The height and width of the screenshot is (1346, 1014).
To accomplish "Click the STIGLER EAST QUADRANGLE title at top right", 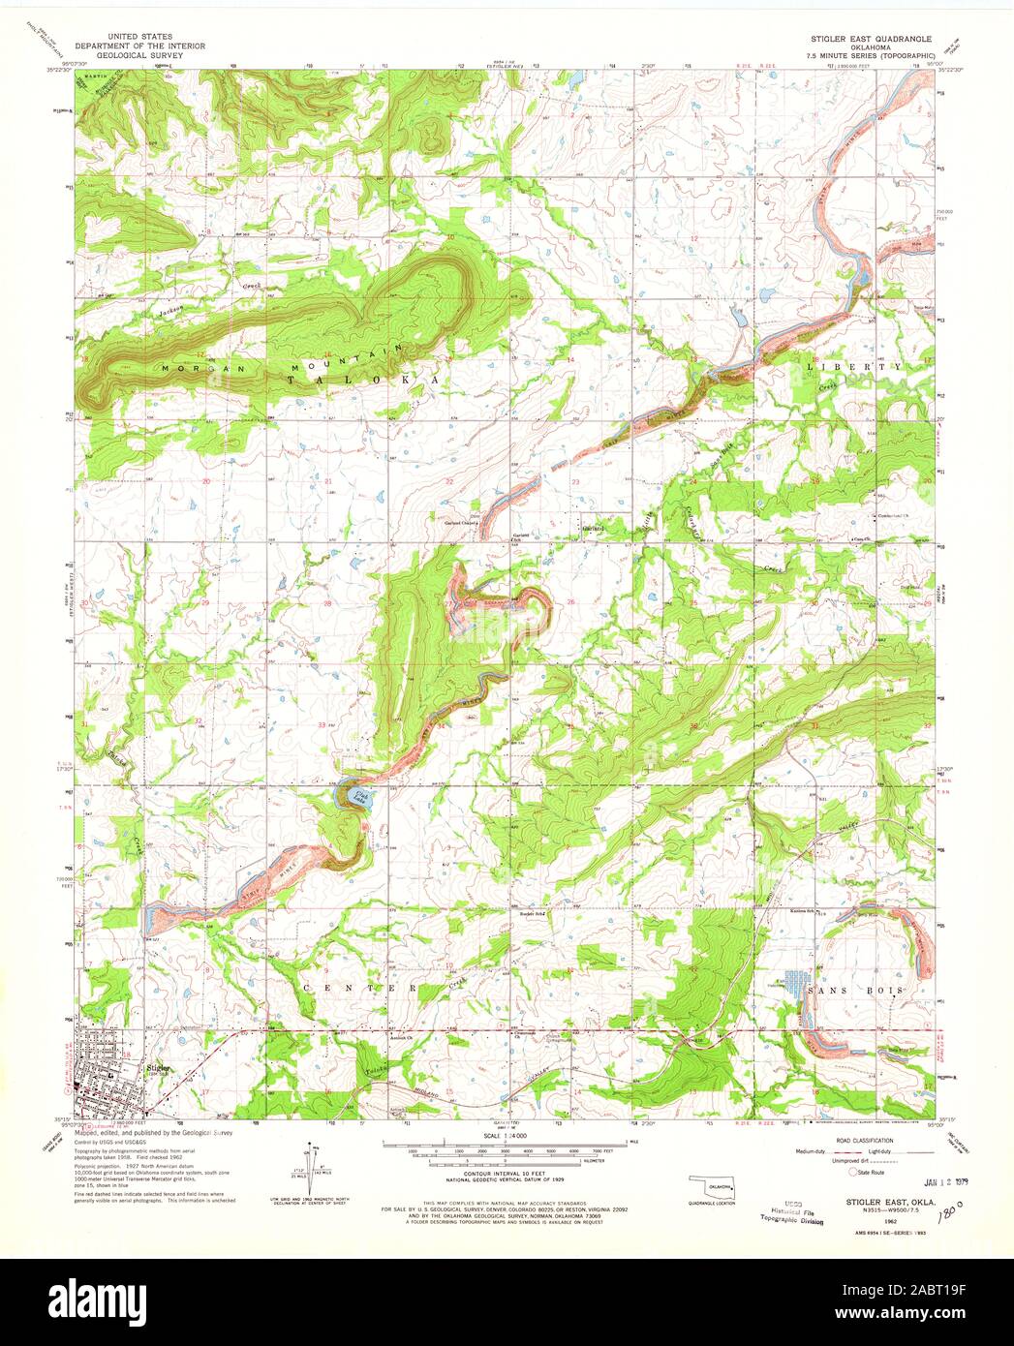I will [x=872, y=35].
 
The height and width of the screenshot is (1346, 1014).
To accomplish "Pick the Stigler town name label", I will [x=158, y=1068].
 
